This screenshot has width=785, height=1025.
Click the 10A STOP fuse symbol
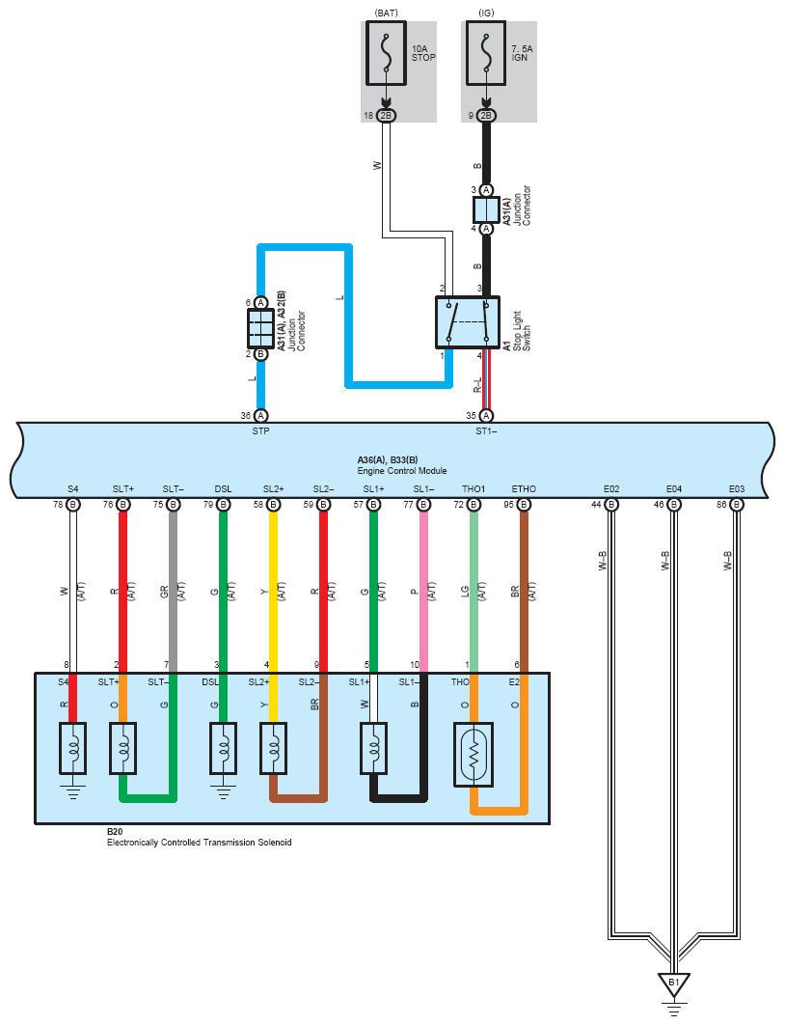pyautogui.click(x=386, y=53)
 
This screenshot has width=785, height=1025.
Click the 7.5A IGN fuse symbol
pyautogui.click(x=486, y=53)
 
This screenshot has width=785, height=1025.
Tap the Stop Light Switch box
pyautogui.click(x=468, y=322)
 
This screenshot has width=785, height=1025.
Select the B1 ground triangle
pyautogui.click(x=674, y=983)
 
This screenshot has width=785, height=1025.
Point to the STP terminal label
pyautogui.click(x=260, y=431)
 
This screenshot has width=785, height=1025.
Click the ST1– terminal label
pyautogui.click(x=486, y=431)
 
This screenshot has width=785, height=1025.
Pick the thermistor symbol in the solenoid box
pyautogui.click(x=474, y=755)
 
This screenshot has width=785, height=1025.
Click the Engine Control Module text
pyautogui.click(x=402, y=471)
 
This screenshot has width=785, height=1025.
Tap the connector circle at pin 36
pyautogui.click(x=260, y=416)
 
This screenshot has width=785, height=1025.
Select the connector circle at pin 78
pyautogui.click(x=73, y=505)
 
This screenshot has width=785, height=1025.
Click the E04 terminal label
pyautogui.click(x=674, y=489)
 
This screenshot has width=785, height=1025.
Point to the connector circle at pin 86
pyautogui.click(x=737, y=505)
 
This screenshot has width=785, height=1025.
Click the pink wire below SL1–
pyautogui.click(x=424, y=592)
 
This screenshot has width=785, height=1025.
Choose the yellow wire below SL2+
pyautogui.click(x=274, y=592)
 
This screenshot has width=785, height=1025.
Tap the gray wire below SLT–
pyautogui.click(x=173, y=592)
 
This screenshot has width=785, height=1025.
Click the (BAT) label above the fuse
pyautogui.click(x=386, y=13)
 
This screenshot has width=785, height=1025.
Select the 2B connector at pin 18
pyautogui.click(x=386, y=116)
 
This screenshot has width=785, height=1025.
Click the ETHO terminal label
pyautogui.click(x=524, y=489)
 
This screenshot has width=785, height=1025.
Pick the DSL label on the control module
pyautogui.click(x=224, y=489)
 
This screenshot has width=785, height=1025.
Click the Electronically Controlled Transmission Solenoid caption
pyautogui.click(x=200, y=843)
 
